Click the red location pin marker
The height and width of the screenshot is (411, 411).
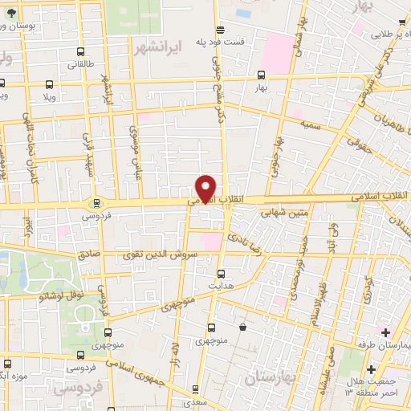point(206,188)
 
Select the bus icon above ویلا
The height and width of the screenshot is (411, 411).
point(50,83)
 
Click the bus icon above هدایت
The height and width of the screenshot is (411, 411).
point(222,273)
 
